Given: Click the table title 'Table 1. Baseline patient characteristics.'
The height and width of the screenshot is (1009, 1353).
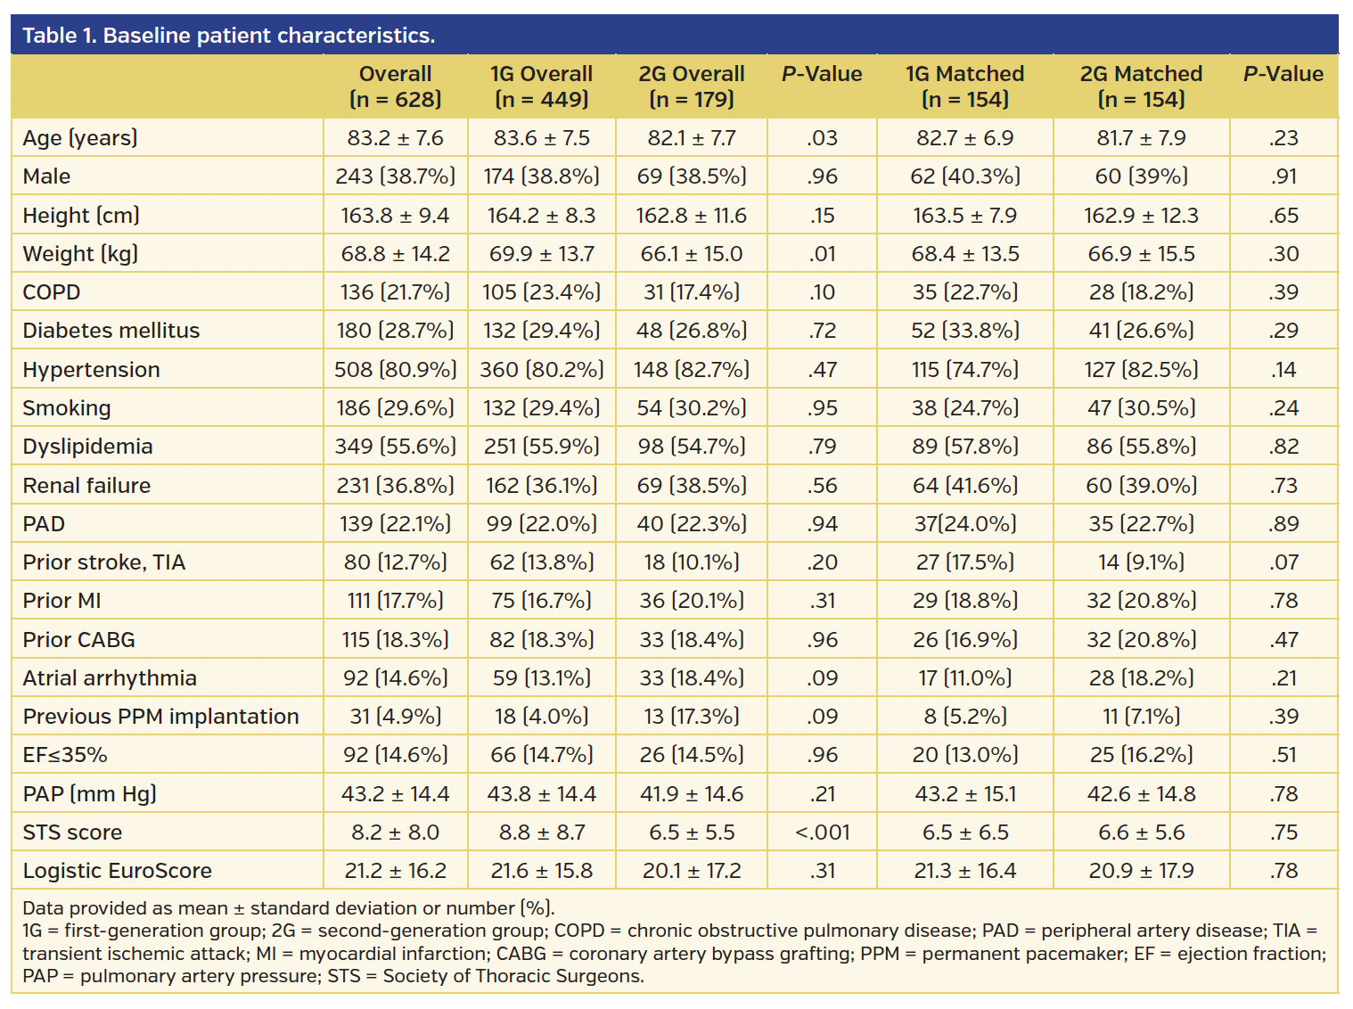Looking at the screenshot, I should tap(229, 36).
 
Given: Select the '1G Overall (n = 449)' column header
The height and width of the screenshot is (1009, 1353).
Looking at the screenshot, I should tap(541, 86).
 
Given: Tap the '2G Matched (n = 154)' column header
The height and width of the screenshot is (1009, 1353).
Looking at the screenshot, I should tap(1141, 86).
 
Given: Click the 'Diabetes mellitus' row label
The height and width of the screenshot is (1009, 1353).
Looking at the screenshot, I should tap(111, 331).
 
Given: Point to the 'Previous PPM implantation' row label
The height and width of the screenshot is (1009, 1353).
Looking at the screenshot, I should tap(161, 717).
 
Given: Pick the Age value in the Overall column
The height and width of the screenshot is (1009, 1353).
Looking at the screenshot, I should tap(395, 138).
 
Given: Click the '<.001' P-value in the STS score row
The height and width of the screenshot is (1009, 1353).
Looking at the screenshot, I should tap(822, 833).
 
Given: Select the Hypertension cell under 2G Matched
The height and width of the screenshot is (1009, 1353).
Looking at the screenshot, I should tap(1141, 370).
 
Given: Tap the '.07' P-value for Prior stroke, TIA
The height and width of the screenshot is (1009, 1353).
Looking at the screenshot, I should tap(1283, 562).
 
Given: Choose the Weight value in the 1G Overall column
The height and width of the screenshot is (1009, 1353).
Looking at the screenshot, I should tap(541, 254).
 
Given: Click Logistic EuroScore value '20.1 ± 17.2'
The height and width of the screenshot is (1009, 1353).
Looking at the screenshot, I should tap(692, 871).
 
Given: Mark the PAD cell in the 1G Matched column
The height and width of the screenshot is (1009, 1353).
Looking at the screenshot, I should tap(965, 524).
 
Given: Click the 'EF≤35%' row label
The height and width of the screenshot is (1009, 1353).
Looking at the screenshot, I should tap(65, 755).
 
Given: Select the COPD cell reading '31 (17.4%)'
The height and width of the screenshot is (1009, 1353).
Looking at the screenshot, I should tap(692, 292).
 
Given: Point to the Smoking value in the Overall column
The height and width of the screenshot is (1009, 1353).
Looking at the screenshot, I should tap(395, 408).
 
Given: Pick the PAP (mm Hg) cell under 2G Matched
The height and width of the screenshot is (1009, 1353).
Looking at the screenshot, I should tap(1141, 794).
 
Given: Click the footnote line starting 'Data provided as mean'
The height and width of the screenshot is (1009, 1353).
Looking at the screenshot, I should tap(289, 908).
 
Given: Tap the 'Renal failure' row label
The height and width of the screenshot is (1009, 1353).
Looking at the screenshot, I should tap(86, 486).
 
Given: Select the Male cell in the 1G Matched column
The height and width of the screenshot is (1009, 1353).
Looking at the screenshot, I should tap(965, 176).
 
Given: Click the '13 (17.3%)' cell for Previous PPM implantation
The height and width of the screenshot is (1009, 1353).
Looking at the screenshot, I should tap(692, 717).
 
